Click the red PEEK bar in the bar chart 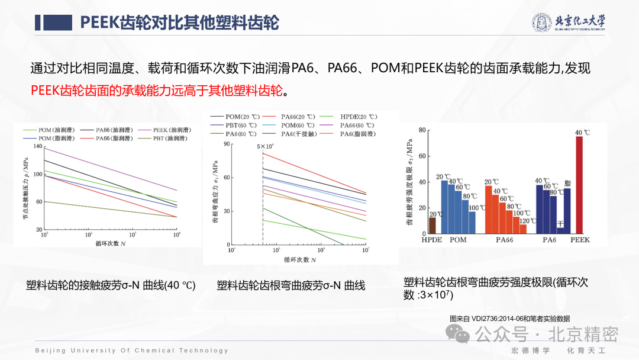pos(579,185)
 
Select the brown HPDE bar pos(432,226)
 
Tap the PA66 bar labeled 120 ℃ pos(523,229)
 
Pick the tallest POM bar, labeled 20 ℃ pos(444,207)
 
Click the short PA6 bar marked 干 pos(560,230)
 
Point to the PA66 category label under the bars pos(505,240)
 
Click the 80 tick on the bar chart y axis pos(422,130)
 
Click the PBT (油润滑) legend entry pos(163,138)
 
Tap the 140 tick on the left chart pos(38,146)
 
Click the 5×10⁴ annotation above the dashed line pos(264,146)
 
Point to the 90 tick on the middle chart pos(226,144)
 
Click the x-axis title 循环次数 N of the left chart pos(111,243)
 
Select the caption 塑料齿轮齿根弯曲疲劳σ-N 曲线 pos(291,285)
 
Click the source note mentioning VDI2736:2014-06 pos(509,318)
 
